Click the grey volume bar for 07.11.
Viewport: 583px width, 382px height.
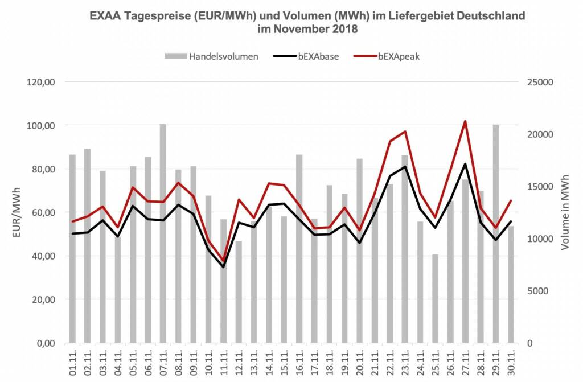163,233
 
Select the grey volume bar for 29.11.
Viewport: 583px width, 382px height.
496,233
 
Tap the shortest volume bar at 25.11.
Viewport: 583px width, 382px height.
436,298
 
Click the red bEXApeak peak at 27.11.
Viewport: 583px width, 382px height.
465,121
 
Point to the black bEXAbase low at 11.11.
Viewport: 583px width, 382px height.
224,267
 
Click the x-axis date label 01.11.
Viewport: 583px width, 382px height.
73,360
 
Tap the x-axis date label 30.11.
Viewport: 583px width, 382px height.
511,360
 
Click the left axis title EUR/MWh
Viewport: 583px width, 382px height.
17,213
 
